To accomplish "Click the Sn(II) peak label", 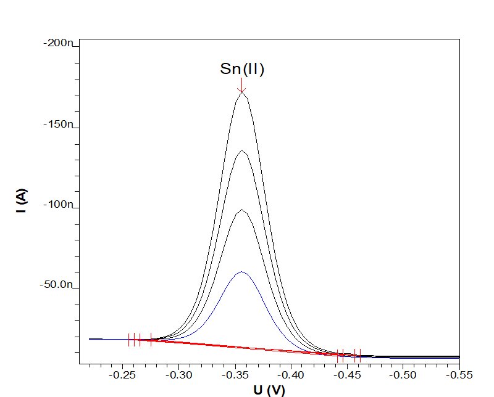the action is click(x=242, y=69).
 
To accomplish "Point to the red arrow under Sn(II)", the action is click(x=241, y=85).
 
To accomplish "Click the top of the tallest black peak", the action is click(x=242, y=92).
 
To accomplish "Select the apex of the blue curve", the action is click(x=242, y=271).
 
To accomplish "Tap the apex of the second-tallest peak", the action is click(x=242, y=150).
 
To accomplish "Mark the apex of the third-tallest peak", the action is click(x=242, y=210).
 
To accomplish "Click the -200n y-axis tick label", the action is click(x=58, y=43).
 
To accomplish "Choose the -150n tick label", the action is click(x=58, y=125).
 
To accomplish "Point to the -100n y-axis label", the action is click(x=58, y=205).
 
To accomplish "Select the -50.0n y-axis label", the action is click(x=56, y=285).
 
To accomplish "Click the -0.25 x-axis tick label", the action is click(x=122, y=375).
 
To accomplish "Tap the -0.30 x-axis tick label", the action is click(x=178, y=375).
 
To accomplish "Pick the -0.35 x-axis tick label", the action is click(x=235, y=375).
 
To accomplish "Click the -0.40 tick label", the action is click(x=291, y=375).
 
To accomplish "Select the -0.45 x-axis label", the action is click(x=347, y=375).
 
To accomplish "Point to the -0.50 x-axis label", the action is click(x=403, y=375).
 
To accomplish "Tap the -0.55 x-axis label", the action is click(x=459, y=375).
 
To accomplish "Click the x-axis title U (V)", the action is click(x=269, y=390).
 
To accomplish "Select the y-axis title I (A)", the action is click(x=22, y=201).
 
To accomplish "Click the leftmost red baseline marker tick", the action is click(x=129, y=340).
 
